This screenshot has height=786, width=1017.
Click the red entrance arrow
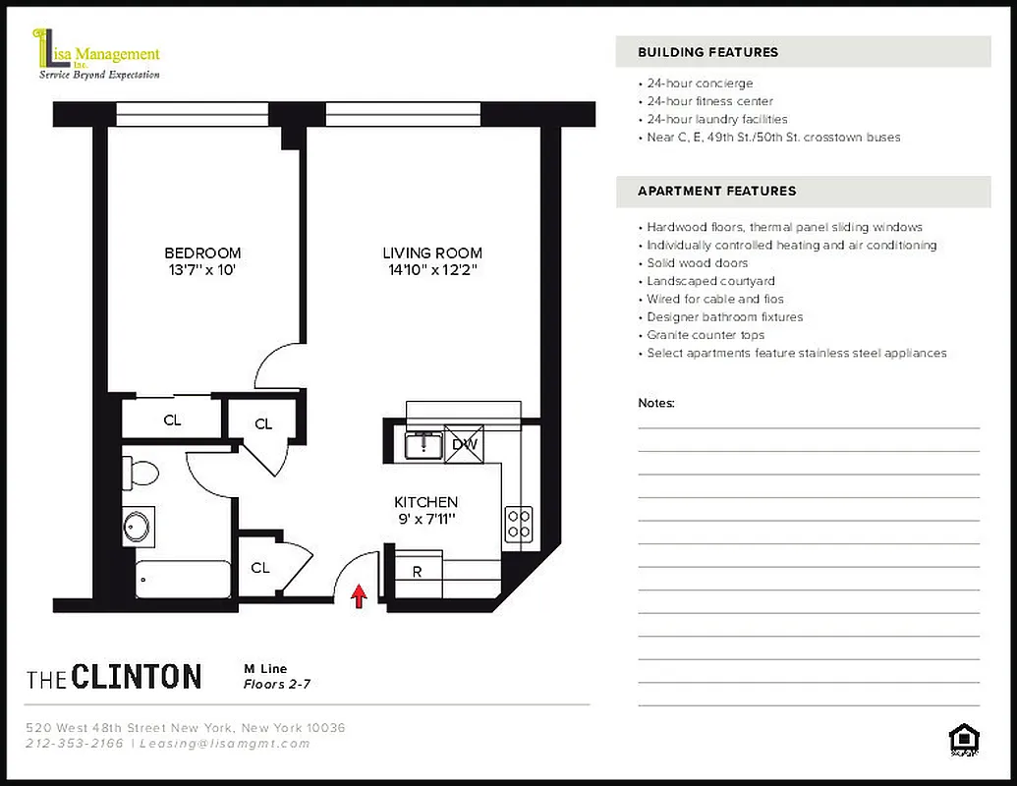pos(360,594)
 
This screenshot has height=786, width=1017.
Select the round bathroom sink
pos(138,526)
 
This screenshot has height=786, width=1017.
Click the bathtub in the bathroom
pos(183,579)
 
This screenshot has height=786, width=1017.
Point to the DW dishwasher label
pos(464,445)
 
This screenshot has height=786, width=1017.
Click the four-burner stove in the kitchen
pos(518,524)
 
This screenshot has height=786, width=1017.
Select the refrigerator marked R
pos(418,571)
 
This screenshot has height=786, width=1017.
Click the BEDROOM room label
pos(202,253)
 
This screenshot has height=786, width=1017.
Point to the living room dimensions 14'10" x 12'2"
pos(432,269)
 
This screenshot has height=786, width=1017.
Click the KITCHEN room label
pos(425,502)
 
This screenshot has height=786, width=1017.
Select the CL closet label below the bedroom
pos(172,421)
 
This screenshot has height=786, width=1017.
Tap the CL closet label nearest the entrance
pos(260,568)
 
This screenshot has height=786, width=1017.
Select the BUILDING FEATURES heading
pos(707,52)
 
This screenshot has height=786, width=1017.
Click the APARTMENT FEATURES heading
pos(716,191)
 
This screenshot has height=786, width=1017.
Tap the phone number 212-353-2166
pos(75,744)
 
